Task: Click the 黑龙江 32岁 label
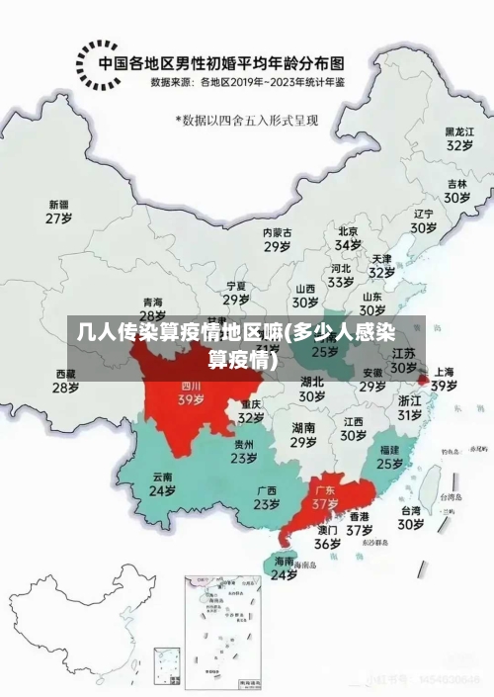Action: pos(457,137)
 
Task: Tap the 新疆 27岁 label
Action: pos(59,212)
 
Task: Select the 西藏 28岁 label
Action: pos(65,381)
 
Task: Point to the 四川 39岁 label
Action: pos(191,393)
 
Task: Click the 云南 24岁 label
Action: pos(162,483)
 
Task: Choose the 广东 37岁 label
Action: pos(325,496)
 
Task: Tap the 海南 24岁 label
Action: pos(285,567)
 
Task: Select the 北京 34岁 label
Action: pos(348,237)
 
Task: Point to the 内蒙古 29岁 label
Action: pos(277,239)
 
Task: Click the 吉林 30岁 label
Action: pos(455,191)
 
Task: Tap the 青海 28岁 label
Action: pos(152,308)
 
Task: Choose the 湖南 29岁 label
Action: pos(303,435)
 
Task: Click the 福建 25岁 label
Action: pos(389,456)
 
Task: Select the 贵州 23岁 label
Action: pos(244,451)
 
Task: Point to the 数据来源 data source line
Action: pos(248,83)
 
